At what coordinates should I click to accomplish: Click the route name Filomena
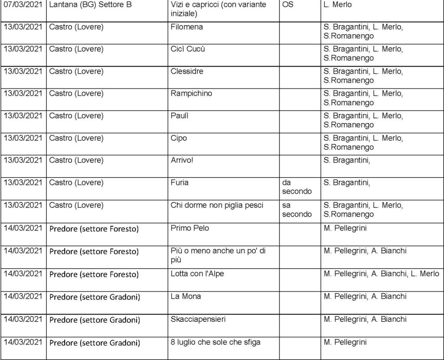point(187,27)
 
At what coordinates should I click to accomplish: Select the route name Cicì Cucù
point(188,49)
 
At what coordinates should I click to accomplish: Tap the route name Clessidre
point(187,71)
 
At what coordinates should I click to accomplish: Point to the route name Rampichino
point(192,93)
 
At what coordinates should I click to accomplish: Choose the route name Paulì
point(182,116)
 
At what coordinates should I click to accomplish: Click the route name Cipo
point(179,138)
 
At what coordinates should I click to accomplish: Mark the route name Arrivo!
point(182,160)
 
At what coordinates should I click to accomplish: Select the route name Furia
point(180,182)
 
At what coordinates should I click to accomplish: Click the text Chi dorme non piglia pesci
point(217,205)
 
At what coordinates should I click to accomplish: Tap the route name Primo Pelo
point(190,228)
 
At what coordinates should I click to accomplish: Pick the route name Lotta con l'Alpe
point(197,274)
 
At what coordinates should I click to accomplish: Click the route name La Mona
point(186,296)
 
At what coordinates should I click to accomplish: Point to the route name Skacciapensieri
point(198,319)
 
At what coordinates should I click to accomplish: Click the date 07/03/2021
point(23,5)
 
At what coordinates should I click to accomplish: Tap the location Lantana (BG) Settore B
point(90,5)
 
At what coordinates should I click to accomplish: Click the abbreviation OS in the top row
point(287,5)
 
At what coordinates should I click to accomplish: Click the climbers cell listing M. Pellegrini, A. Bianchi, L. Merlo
point(381,274)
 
